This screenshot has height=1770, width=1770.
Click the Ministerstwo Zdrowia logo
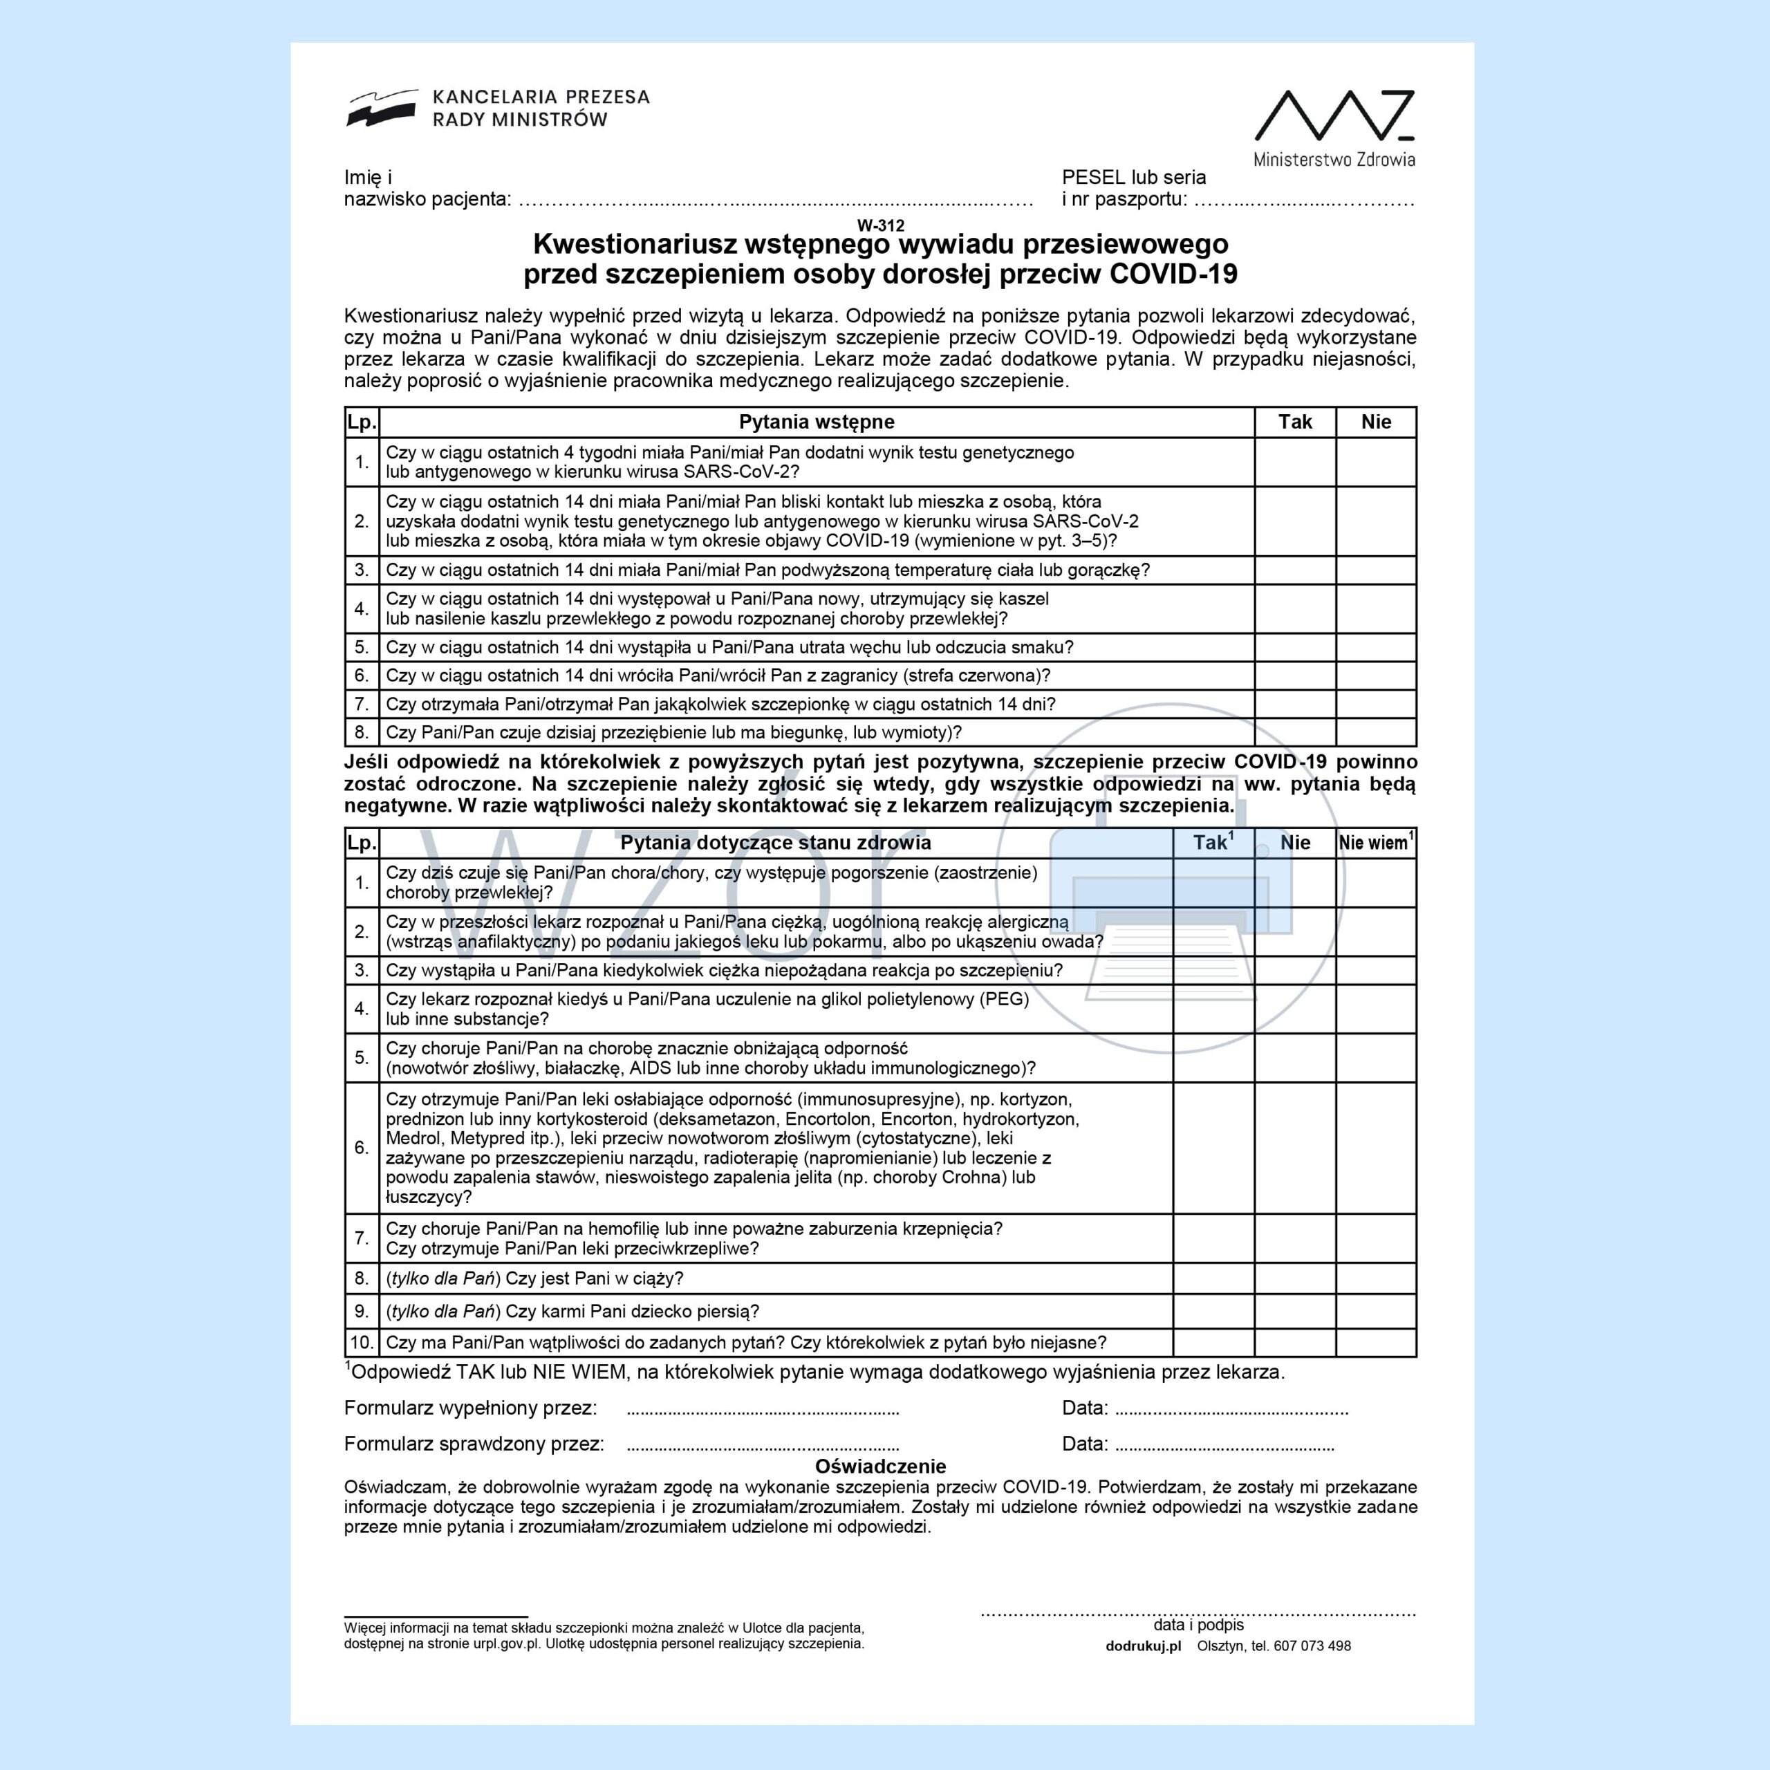pyautogui.click(x=1334, y=127)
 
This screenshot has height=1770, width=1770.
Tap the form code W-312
pyautogui.click(x=880, y=225)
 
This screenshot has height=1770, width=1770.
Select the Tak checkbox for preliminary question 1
pyautogui.click(x=1294, y=462)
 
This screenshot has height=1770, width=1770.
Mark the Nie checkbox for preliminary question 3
pyautogui.click(x=1375, y=570)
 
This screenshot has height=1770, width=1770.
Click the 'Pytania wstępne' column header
pyautogui.click(x=817, y=422)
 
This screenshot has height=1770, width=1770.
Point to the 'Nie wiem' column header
pyautogui.click(x=1375, y=843)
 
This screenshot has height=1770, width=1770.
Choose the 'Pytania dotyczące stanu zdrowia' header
pyautogui.click(x=775, y=843)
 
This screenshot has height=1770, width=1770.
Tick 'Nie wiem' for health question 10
pyautogui.click(x=1375, y=1342)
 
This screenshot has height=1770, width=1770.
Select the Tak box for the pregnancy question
pyautogui.click(x=1213, y=1278)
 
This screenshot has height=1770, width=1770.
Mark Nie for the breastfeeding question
pyautogui.click(x=1294, y=1311)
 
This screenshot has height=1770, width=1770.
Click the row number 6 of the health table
pyautogui.click(x=362, y=1148)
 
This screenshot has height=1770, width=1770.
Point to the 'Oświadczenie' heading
pyautogui.click(x=880, y=1466)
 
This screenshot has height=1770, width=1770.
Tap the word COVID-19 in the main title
pyautogui.click(x=1173, y=274)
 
